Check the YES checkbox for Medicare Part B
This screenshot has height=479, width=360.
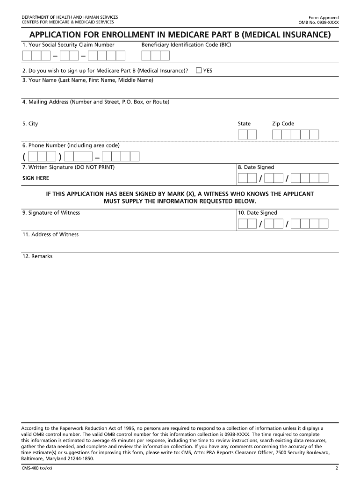pos(199,71)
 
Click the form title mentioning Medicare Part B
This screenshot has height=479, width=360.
pos(180,35)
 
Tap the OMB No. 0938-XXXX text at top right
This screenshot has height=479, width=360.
pos(318,22)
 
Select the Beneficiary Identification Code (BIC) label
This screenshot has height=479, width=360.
pos(186,45)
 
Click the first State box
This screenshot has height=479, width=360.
pos(242,135)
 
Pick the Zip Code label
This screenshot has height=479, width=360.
pos(283,124)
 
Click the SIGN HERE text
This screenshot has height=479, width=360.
pos(36,178)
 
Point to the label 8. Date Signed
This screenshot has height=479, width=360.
pos(256,167)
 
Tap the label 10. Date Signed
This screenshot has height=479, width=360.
pos(257,213)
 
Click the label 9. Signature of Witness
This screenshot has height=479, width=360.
pos(51,213)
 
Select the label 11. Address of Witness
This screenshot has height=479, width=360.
pos(50,235)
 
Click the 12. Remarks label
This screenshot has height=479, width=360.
pos(37,256)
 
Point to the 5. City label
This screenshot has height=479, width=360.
pos(30,124)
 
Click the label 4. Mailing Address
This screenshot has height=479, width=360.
pos(95,102)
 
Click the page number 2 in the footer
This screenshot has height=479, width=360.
pos(337,468)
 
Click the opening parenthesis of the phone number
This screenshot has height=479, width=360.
pos(24,157)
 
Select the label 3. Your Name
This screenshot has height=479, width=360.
pos(87,80)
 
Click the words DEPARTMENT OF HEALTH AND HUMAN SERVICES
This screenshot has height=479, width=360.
pos(70,17)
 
